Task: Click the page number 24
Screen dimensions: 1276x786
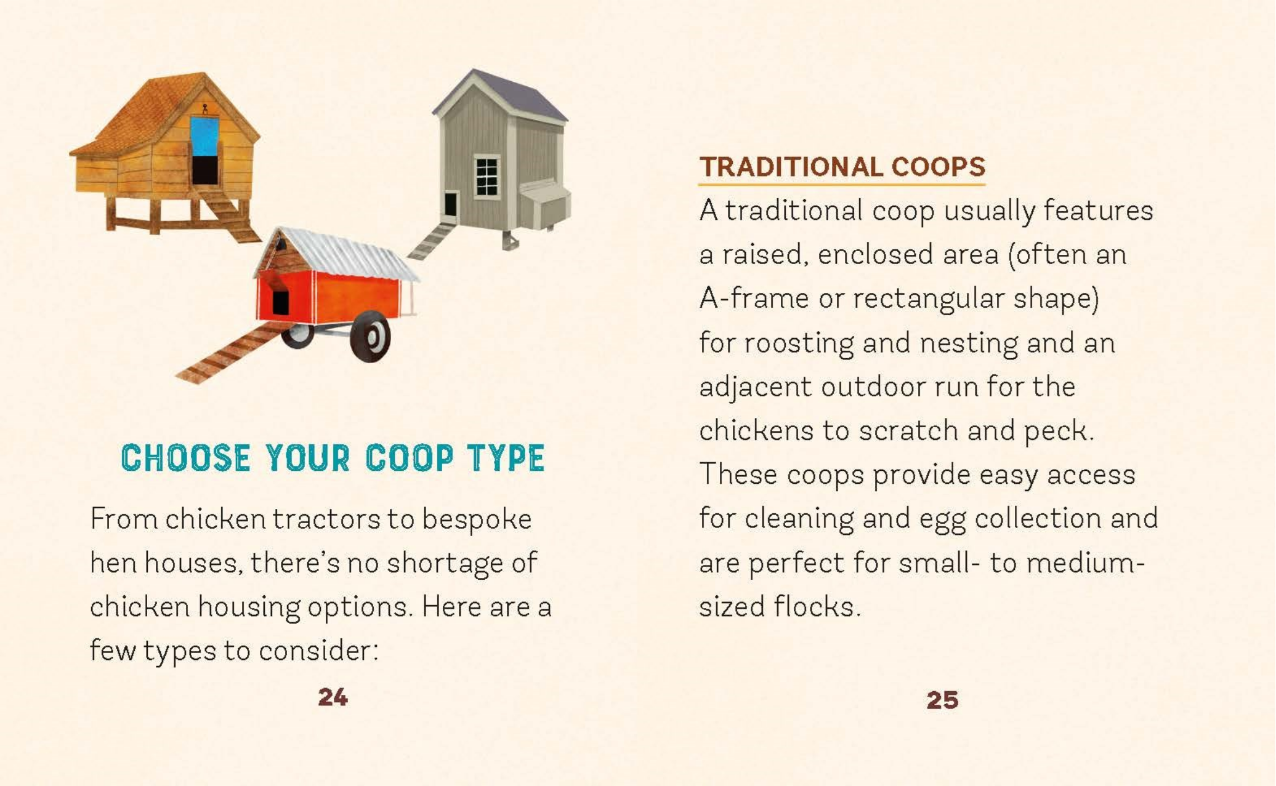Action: point(333,697)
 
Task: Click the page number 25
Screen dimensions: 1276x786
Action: point(942,700)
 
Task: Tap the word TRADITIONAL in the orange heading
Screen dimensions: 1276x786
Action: point(791,167)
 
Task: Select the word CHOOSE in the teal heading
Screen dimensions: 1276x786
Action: point(186,458)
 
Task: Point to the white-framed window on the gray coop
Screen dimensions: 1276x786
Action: point(487,177)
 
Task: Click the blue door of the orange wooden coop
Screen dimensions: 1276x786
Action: point(204,137)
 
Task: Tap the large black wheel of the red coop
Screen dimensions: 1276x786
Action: point(370,336)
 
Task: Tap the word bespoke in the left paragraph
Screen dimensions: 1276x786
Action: point(477,519)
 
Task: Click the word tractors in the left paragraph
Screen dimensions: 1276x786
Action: point(326,519)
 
